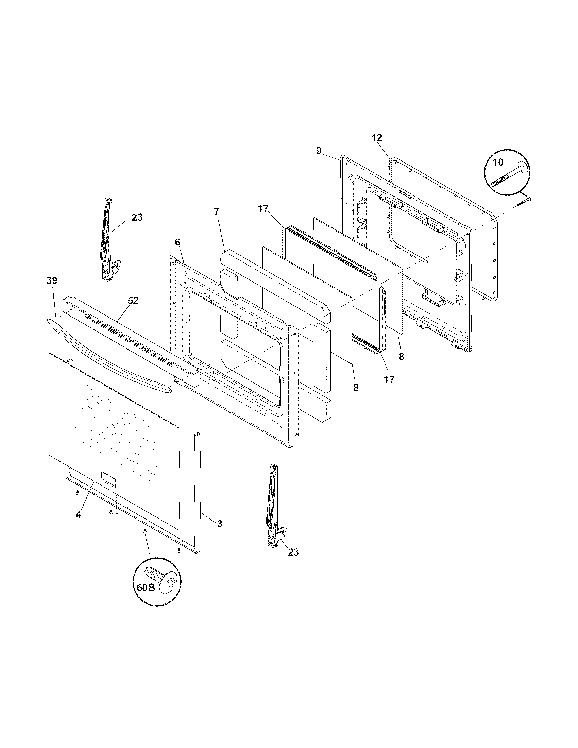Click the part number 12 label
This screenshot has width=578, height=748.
(x=377, y=138)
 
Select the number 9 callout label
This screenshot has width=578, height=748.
(x=319, y=151)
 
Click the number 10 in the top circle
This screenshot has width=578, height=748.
(x=498, y=162)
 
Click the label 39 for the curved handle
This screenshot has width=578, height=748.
(x=52, y=280)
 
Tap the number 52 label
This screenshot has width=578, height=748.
(x=133, y=300)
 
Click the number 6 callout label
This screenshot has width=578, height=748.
(x=177, y=242)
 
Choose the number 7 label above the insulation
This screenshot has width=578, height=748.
(x=216, y=211)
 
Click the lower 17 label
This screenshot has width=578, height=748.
(x=389, y=379)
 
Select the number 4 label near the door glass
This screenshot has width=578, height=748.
(x=79, y=524)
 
